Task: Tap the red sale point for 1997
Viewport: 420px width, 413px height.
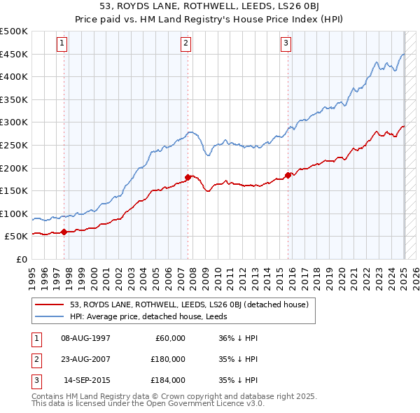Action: click(x=64, y=232)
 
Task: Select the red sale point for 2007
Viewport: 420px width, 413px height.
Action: click(x=188, y=177)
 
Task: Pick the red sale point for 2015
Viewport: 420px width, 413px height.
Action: click(x=288, y=175)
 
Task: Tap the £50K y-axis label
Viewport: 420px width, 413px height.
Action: click(x=17, y=237)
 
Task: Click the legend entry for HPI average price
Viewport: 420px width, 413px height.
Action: click(x=154, y=316)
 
